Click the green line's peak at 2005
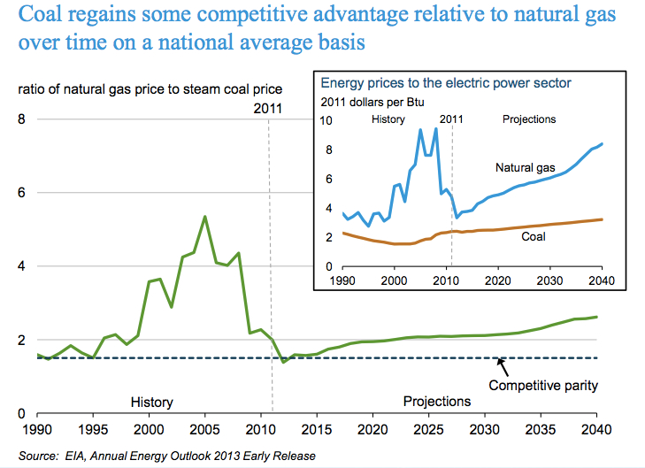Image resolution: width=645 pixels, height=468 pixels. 205,216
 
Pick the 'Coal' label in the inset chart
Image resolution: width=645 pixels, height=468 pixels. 533,236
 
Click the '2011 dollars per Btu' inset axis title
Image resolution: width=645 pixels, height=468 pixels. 372,103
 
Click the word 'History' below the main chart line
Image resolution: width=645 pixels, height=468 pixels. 151,402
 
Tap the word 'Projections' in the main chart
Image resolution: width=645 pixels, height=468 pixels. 437,402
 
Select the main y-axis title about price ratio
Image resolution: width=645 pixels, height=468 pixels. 147,88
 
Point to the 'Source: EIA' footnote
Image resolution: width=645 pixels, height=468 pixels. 165,456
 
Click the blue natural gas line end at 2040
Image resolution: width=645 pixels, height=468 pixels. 603,143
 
